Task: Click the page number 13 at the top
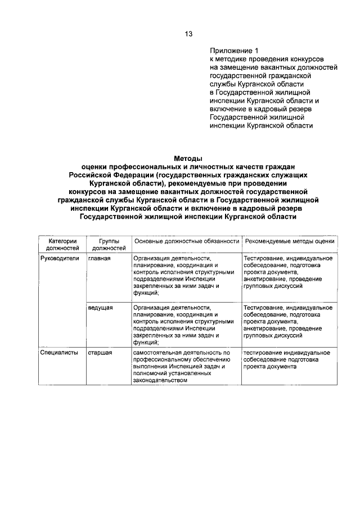tap(188, 34)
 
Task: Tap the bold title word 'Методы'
tap(187, 159)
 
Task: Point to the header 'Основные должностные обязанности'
tap(186, 241)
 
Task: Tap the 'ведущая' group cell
tap(101, 308)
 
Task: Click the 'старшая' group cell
tap(100, 353)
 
